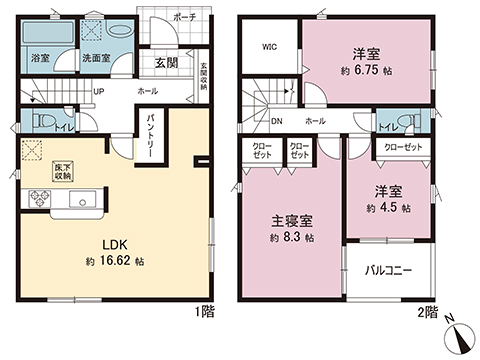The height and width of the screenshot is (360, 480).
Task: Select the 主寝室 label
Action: tap(293, 220)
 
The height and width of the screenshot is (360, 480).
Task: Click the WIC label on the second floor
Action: tap(270, 46)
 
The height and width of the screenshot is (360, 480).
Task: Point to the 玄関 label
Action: tap(166, 62)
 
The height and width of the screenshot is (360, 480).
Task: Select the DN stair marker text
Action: tap(276, 121)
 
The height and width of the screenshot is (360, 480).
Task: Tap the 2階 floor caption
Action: tap(427, 312)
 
